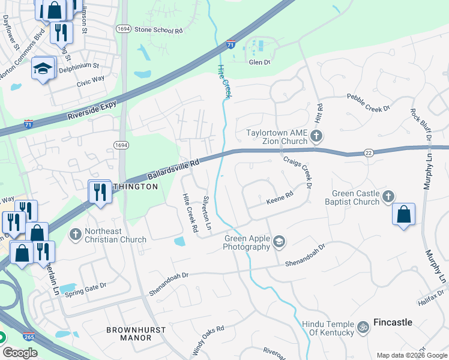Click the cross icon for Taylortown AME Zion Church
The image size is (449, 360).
(316, 137)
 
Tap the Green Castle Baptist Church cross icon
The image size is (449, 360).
(388, 196)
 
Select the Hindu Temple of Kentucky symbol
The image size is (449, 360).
(363, 328)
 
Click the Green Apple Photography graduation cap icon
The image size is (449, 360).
(279, 242)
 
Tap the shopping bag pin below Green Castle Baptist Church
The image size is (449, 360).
(403, 215)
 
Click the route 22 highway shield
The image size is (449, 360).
(369, 154)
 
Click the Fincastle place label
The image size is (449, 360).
(393, 322)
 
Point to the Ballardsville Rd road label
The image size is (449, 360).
(173, 169)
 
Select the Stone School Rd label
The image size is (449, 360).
(158, 29)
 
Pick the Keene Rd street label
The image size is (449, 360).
(280, 197)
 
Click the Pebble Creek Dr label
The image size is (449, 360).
(369, 103)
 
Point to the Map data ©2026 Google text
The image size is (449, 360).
(411, 355)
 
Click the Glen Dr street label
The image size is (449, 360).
(259, 62)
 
